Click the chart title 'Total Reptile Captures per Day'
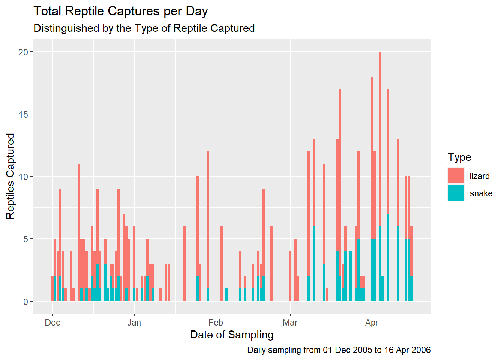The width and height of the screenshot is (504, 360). (120, 11)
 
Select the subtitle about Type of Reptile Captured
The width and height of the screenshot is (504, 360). (144, 28)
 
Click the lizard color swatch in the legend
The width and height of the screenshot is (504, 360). (456, 175)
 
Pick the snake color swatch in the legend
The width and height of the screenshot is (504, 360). (456, 193)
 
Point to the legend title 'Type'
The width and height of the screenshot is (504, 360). (459, 157)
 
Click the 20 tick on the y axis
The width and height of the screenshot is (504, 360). (23, 52)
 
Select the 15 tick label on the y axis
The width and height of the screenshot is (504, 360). (23, 114)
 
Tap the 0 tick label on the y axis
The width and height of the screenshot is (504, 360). (25, 301)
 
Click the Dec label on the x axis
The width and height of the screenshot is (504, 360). (52, 322)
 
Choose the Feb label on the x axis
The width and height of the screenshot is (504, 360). (216, 322)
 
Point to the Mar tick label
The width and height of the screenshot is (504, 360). (290, 322)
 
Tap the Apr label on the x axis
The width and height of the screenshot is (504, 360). (372, 322)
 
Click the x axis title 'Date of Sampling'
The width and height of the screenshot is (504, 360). (232, 334)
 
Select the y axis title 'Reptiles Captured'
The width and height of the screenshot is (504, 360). (10, 176)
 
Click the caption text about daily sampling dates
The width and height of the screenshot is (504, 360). (339, 350)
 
